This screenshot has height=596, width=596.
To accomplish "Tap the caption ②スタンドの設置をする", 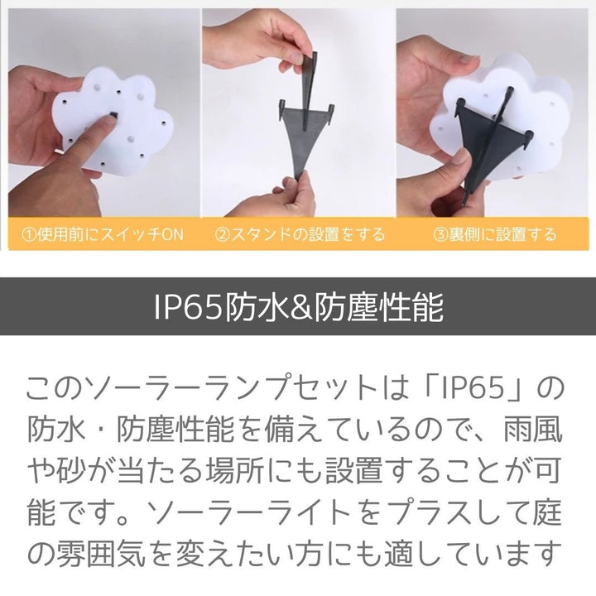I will (x=300, y=235).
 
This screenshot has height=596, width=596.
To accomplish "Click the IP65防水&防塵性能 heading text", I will (x=298, y=307).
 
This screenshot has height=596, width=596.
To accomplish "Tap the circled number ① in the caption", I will (x=29, y=235).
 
